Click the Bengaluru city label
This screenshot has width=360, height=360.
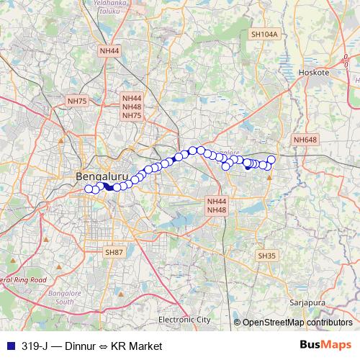point(101,176)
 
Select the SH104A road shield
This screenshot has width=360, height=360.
point(264,34)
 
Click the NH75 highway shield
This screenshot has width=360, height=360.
point(76,102)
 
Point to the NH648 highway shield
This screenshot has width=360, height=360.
point(305,140)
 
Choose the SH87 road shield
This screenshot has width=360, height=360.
point(114,251)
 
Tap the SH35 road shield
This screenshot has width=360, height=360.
point(266,256)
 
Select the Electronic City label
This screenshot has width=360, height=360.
point(184,319)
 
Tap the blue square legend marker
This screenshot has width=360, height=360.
point(7,346)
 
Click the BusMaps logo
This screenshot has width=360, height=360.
point(325,345)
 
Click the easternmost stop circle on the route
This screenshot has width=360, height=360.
point(271,159)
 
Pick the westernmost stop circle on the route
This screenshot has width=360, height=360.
point(89,189)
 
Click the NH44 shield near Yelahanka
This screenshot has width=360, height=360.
point(110,50)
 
